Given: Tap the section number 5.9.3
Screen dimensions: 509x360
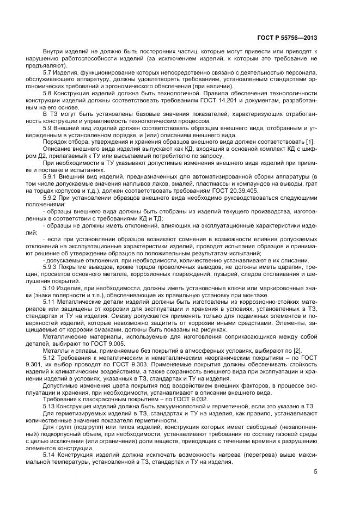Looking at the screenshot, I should pyautogui.click(x=50, y=268).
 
